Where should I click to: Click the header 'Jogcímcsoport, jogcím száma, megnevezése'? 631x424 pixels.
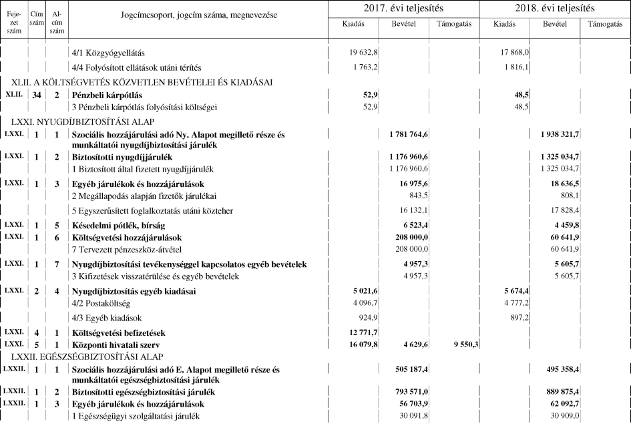[199, 15]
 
